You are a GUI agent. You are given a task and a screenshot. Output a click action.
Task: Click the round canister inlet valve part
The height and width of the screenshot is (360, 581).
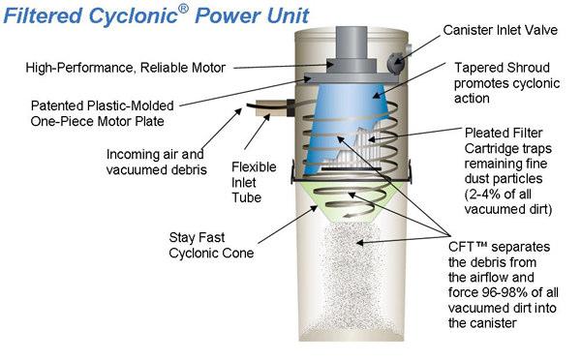point(395,62)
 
